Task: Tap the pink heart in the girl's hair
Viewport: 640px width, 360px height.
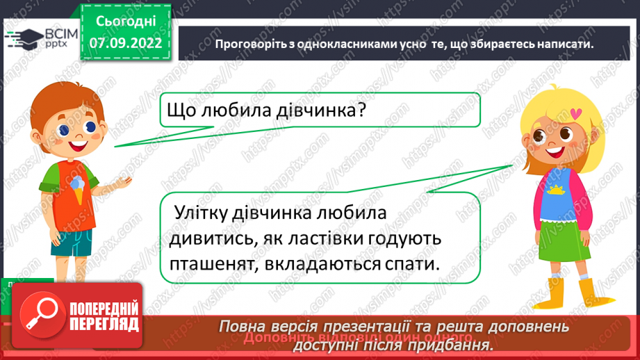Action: click(x=574, y=111)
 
